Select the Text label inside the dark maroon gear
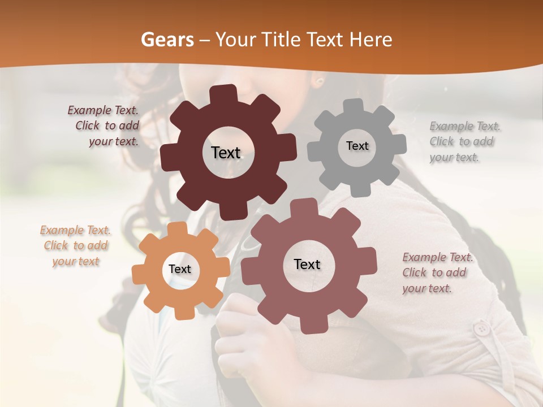tap(226, 153)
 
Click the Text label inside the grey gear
tap(357, 146)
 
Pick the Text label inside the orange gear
tap(180, 270)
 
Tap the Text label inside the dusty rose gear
tap(307, 265)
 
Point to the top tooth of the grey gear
tap(354, 106)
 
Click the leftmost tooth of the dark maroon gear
tap(169, 157)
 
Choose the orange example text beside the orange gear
tap(75, 246)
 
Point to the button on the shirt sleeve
tap(481, 328)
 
